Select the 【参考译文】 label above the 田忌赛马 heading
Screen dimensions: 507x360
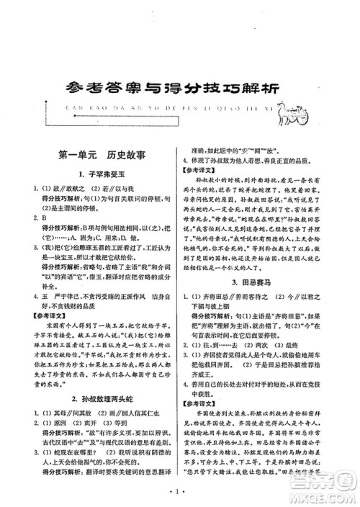[205, 171]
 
